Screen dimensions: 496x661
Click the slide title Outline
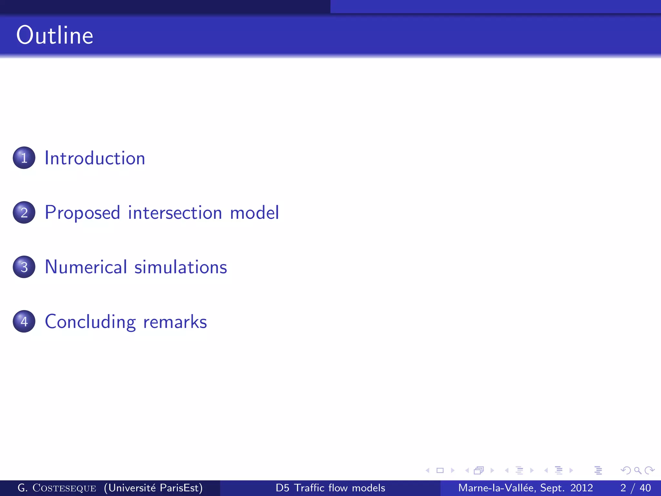[55, 35]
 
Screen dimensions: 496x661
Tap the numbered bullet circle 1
[24, 158]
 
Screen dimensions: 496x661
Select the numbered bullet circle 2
[24, 212]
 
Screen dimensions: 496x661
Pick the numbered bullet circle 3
[24, 267]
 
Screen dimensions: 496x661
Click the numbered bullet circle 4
[24, 322]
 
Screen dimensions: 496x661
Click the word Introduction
[95, 158]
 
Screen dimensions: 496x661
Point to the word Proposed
[82, 213]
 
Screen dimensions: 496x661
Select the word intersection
[175, 213]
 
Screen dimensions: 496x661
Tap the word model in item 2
[254, 213]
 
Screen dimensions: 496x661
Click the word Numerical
[86, 267]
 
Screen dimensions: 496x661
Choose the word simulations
[181, 267]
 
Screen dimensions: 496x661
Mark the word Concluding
[90, 322]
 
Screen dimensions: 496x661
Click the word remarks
[175, 322]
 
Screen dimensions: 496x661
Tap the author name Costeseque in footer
[64, 488]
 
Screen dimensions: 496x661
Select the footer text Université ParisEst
[153, 488]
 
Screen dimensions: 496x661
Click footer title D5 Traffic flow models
[330, 488]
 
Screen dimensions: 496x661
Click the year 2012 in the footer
[581, 488]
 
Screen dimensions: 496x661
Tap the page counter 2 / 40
[635, 488]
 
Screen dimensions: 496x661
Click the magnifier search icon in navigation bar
[637, 470]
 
